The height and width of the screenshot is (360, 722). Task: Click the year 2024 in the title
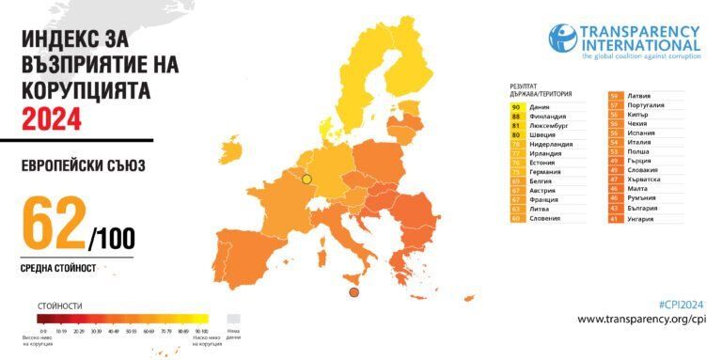point(52,119)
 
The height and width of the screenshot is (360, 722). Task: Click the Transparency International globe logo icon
point(563,39)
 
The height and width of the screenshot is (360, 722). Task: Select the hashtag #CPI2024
point(681,304)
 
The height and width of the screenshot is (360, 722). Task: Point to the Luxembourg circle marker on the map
point(306,179)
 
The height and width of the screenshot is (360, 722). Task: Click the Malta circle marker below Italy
point(353,293)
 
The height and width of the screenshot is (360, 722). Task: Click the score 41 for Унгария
point(614,218)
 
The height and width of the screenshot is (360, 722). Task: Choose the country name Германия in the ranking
point(546,172)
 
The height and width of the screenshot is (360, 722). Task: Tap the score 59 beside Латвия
point(614,96)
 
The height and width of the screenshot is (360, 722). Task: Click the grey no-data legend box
point(234,318)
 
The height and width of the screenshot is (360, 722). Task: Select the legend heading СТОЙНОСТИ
point(59,305)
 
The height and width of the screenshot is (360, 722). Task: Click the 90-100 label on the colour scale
point(200,332)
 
